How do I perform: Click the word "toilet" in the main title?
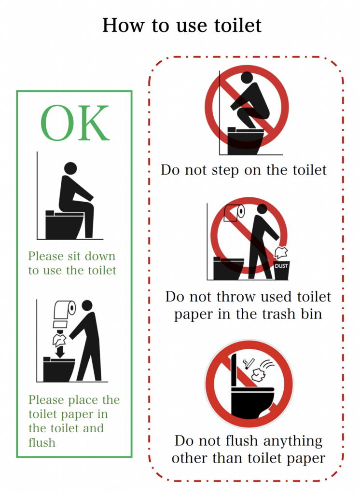click(238, 25)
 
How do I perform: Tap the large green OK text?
click(75, 123)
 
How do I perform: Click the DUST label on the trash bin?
click(281, 266)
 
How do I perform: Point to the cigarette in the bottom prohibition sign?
click(249, 364)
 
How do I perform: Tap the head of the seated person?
click(70, 168)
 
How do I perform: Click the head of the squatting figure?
click(247, 78)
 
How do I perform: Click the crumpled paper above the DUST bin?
click(281, 252)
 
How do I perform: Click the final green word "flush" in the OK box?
click(42, 442)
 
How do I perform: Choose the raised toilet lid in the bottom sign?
click(234, 370)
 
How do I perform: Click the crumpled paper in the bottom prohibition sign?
click(259, 374)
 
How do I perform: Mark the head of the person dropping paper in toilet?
click(87, 305)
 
